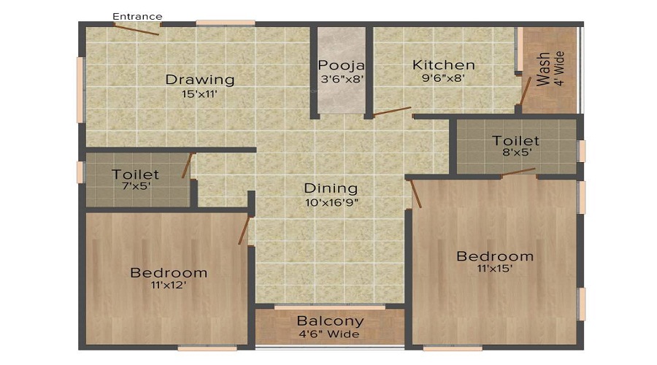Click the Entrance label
(138, 16)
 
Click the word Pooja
(341, 65)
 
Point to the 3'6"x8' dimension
(341, 79)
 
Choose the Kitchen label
(443, 65)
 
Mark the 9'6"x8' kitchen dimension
(443, 79)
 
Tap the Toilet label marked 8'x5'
(515, 140)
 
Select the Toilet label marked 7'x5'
(135, 174)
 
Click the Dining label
(331, 188)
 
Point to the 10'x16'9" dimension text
(331, 201)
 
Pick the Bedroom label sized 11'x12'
(169, 273)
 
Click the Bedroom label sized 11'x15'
(494, 256)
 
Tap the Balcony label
(330, 320)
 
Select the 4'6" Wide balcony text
(330, 334)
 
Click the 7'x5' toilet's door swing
(188, 166)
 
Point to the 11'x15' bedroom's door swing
(416, 193)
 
